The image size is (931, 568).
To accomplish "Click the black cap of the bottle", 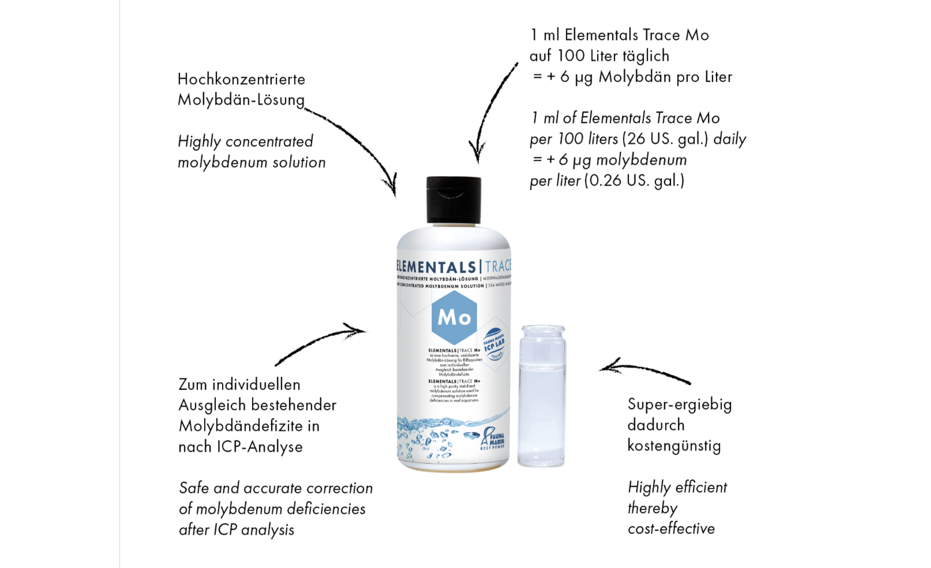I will (x=453, y=200).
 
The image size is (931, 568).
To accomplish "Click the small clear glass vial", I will (x=542, y=396).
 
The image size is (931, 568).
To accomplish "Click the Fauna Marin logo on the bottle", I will (x=493, y=438).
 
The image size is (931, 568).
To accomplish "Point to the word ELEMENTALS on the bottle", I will (x=436, y=267).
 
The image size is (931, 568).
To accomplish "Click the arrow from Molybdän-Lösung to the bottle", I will (x=358, y=143).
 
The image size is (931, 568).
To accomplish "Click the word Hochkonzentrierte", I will (x=241, y=79).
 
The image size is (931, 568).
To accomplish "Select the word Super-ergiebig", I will (x=679, y=404).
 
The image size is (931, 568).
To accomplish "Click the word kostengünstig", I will (x=674, y=446).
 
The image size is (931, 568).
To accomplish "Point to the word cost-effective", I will (x=671, y=529).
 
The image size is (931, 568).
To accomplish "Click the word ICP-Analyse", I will (x=260, y=447).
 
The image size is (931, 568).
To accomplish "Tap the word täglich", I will (x=646, y=56).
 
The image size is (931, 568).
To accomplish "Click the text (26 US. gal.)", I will (x=666, y=139).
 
